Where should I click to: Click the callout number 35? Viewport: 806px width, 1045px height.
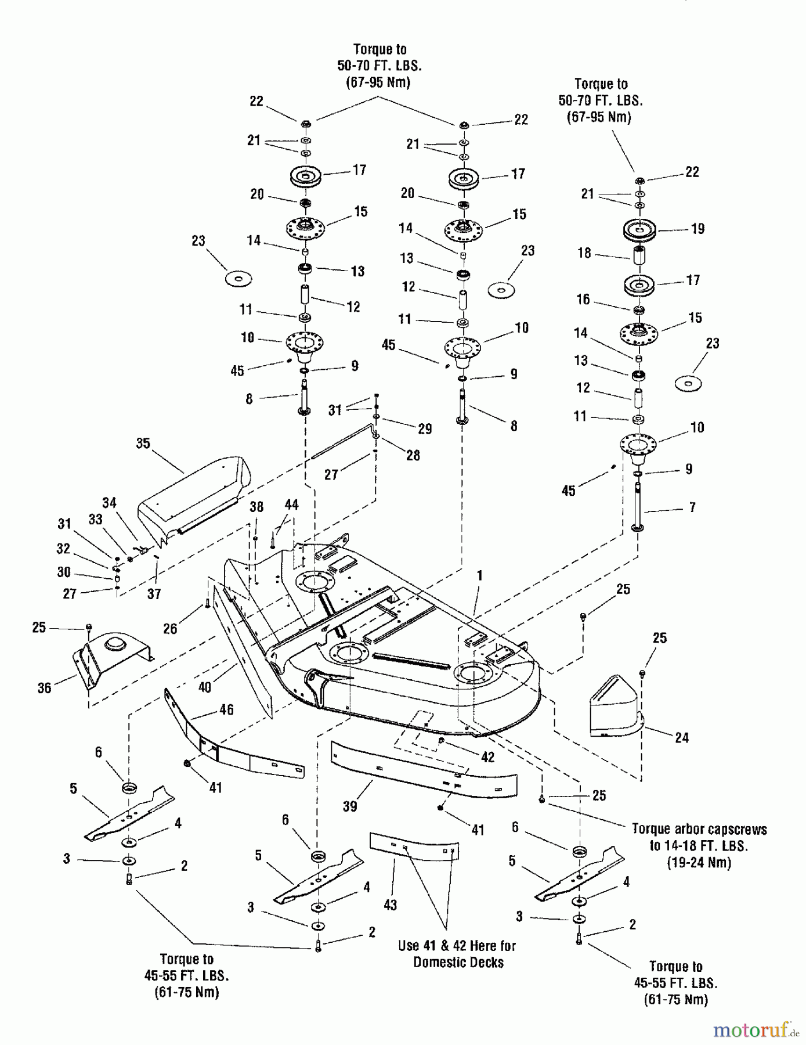point(143,444)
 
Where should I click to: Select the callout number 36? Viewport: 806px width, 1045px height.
point(45,688)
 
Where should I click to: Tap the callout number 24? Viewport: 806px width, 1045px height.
point(682,738)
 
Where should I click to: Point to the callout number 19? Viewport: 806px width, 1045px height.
point(698,229)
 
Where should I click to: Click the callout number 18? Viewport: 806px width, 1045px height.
point(584,253)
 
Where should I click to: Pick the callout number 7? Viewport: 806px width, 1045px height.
point(692,507)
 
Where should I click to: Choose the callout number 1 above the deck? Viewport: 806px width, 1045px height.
point(480,575)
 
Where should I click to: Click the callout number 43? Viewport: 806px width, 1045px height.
point(391,905)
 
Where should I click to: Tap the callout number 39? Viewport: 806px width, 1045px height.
point(350,806)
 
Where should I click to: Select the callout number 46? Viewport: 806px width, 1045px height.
point(226,709)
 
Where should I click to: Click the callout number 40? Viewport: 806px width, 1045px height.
point(205,687)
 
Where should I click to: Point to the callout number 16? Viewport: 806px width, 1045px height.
point(583,300)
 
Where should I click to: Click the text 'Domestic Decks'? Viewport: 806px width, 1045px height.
point(458,963)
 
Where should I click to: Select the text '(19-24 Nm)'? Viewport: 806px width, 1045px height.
point(699,862)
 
